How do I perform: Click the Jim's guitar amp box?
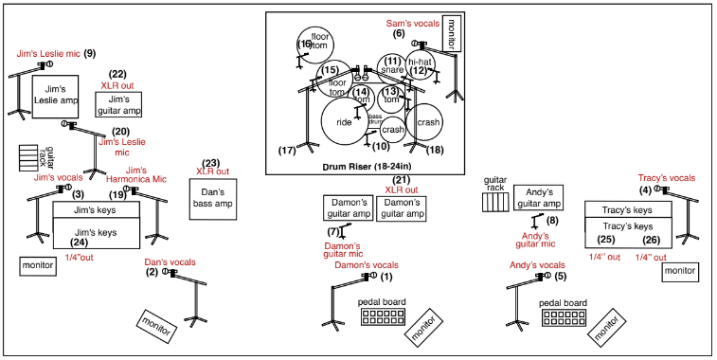pos(118,105)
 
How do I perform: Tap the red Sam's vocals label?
pos(412,22)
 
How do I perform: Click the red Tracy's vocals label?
pos(666,177)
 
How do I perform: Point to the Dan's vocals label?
pos(170,261)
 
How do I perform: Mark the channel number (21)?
pos(402,179)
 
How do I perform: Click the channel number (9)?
pos(89,53)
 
